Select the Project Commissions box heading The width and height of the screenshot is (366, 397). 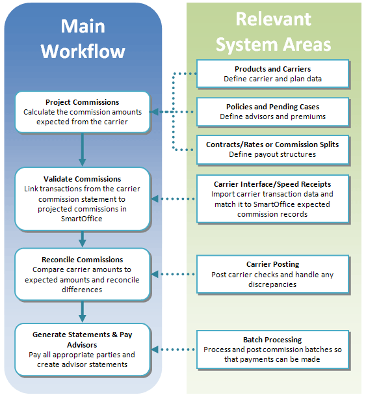tap(83, 102)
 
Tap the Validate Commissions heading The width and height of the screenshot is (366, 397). tap(83, 179)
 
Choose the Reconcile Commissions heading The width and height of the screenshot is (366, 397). tap(83, 260)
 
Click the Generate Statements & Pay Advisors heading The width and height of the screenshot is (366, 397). tap(83, 340)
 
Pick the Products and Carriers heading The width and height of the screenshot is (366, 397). tap(272, 69)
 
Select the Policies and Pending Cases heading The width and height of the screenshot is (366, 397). tap(272, 107)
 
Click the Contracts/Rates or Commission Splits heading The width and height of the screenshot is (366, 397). tap(272, 144)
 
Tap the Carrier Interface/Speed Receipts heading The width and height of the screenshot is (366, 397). tap(272, 184)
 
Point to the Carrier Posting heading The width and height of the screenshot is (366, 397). tap(272, 265)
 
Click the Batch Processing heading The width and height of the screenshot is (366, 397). tap(272, 340)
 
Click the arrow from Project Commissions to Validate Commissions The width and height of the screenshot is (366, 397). tap(83, 148)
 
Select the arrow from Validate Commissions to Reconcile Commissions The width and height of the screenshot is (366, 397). tap(83, 239)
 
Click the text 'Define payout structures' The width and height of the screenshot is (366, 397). tap(272, 154)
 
